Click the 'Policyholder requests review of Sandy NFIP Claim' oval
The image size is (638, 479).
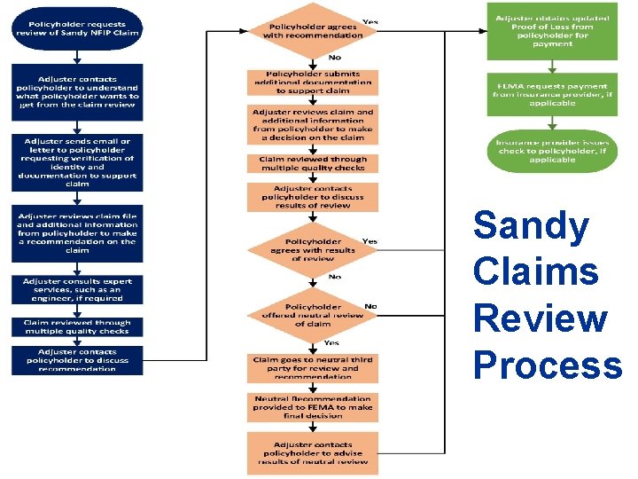point(77,28)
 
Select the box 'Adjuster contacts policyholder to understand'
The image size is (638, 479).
point(77,91)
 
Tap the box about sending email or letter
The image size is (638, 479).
point(77,161)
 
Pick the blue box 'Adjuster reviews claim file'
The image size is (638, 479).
point(77,234)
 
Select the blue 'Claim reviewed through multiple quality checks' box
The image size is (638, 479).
point(77,327)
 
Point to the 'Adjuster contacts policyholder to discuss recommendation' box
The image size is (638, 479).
point(77,360)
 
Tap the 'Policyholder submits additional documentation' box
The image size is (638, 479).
point(313,82)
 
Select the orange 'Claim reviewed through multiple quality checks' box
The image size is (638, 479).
point(313,163)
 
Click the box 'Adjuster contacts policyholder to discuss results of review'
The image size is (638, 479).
point(313,197)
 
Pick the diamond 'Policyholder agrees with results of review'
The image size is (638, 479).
point(313,249)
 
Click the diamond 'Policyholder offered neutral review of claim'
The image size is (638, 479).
point(313,313)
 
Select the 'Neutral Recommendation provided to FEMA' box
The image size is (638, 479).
point(313,407)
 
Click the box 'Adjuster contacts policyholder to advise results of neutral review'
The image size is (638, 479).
point(313,452)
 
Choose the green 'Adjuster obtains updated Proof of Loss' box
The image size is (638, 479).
point(553,31)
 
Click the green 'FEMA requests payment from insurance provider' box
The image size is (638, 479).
point(553,93)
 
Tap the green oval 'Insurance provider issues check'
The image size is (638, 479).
point(553,151)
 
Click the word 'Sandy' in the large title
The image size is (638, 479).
point(530,226)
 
